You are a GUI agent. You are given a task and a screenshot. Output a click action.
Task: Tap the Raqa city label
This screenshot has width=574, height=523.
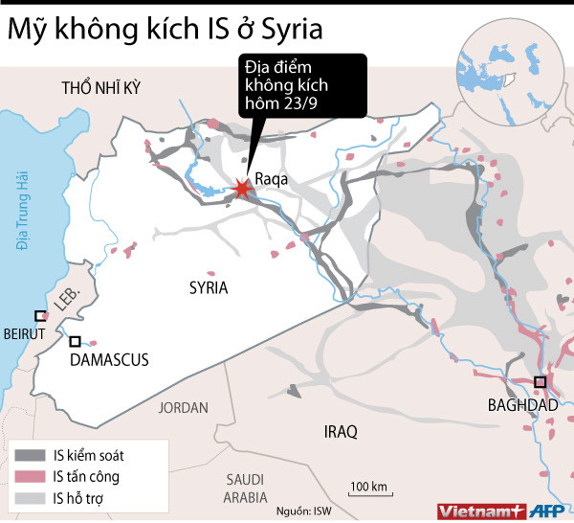(x=271, y=178)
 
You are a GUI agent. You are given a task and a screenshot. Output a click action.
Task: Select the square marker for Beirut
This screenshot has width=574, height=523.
(x=40, y=316)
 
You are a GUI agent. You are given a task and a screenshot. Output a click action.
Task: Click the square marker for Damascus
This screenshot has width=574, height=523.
(x=75, y=341)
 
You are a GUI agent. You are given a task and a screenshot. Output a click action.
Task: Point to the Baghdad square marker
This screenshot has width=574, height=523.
(x=541, y=382)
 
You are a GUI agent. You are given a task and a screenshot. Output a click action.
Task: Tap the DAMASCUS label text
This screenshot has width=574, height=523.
(x=110, y=360)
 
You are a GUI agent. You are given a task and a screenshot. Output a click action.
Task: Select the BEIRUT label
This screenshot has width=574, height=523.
(x=25, y=333)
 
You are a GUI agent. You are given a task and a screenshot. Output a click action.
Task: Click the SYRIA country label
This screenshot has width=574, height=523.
(x=208, y=287)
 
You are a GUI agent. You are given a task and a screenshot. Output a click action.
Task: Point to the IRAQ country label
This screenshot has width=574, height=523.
(x=340, y=432)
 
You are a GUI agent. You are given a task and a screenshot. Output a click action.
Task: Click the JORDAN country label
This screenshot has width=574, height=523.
(x=183, y=407)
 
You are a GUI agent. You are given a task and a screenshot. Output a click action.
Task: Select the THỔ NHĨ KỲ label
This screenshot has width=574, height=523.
(x=100, y=88)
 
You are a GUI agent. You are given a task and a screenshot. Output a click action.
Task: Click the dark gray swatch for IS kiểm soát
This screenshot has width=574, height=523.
(x=30, y=456)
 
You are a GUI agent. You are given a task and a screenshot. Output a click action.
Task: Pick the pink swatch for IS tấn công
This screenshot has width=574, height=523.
(x=30, y=476)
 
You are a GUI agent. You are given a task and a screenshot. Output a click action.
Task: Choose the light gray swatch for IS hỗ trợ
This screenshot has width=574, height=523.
(x=30, y=497)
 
